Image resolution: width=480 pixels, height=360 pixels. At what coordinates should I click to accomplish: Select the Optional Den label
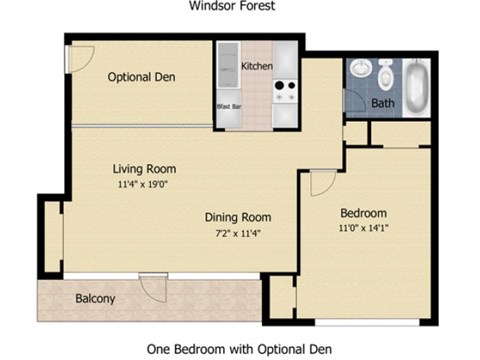coord(142,77)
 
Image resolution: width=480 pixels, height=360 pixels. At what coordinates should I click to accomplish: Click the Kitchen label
coord(257,67)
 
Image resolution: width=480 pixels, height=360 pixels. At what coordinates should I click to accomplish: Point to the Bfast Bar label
coord(228,105)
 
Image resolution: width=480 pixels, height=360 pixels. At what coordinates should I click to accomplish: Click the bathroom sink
coord(358,71)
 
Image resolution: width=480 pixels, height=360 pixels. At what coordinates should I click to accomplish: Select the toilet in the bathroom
coord(387,74)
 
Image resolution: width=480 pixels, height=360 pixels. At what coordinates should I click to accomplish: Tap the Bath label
coord(382,103)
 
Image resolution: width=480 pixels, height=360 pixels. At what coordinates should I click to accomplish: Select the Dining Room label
coord(238,217)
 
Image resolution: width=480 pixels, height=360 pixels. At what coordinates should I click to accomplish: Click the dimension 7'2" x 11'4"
coord(238,233)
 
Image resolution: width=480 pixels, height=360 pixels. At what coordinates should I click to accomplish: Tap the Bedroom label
coord(364,213)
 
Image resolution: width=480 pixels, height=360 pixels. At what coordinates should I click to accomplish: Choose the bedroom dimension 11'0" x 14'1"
coord(364,228)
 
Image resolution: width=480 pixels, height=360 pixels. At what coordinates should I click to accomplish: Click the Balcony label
coord(95,298)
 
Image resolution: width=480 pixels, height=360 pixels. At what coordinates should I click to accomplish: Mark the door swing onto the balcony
coord(154,288)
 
